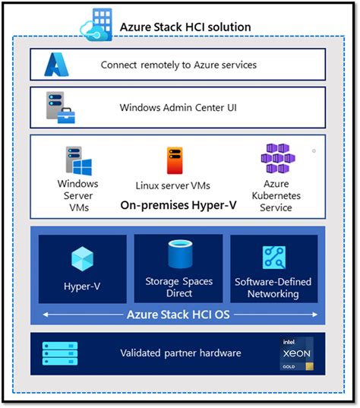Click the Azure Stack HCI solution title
point(185,27)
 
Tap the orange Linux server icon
point(172,160)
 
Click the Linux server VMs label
point(172,185)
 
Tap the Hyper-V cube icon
point(82,260)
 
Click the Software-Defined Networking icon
point(274,258)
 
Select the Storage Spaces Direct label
point(178,286)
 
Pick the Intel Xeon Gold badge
point(297,353)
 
